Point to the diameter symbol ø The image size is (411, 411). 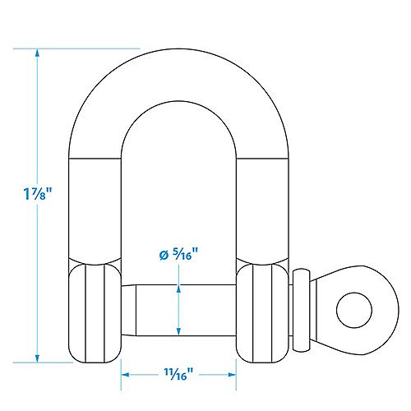(163, 256)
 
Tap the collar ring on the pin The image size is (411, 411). (303, 310)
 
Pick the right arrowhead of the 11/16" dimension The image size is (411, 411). (232, 375)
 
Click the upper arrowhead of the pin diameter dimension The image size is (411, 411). (178, 289)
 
